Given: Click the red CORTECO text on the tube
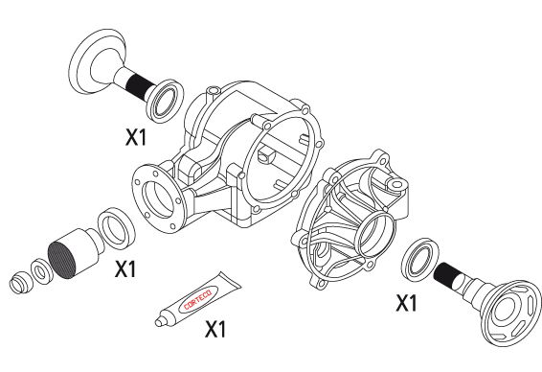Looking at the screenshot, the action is point(197,300).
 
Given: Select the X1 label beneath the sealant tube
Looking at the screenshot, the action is point(215,329).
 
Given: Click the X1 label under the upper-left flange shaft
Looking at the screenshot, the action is point(136,137).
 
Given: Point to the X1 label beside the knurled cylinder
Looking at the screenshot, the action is point(125,268).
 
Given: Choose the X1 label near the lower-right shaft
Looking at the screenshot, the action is point(406,303).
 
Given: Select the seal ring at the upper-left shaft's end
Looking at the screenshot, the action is point(166,101).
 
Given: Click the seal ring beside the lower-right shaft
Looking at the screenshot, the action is point(419,258).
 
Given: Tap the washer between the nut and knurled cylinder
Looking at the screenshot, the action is point(41,271).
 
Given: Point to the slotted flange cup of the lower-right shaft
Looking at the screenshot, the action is point(512,313).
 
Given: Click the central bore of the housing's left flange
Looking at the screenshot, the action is point(156,199).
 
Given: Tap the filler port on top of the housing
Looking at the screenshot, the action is point(213,91).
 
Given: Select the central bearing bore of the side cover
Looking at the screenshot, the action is point(375,234).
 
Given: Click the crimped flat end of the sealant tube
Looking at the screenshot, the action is point(230,280).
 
